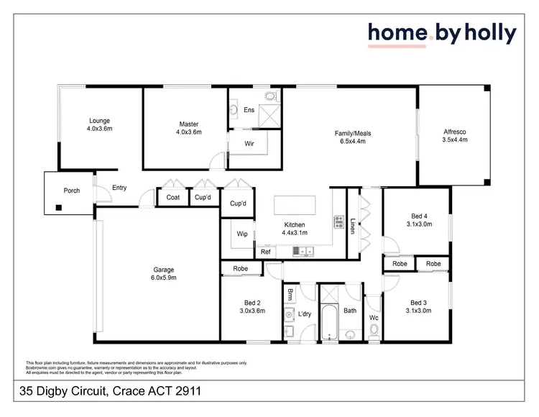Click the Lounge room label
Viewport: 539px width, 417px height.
[x=101, y=125]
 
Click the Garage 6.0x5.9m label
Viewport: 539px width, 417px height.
[x=163, y=272]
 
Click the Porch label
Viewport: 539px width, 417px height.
[x=72, y=191]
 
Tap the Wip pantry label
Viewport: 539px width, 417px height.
[x=242, y=234]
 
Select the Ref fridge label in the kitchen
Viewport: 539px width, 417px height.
[x=265, y=252]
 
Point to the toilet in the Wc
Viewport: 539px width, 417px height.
[x=374, y=331]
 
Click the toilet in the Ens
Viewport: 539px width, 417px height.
[x=270, y=96]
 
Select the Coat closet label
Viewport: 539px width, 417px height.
[x=172, y=198]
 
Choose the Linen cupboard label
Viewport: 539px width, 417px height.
[x=353, y=224]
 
